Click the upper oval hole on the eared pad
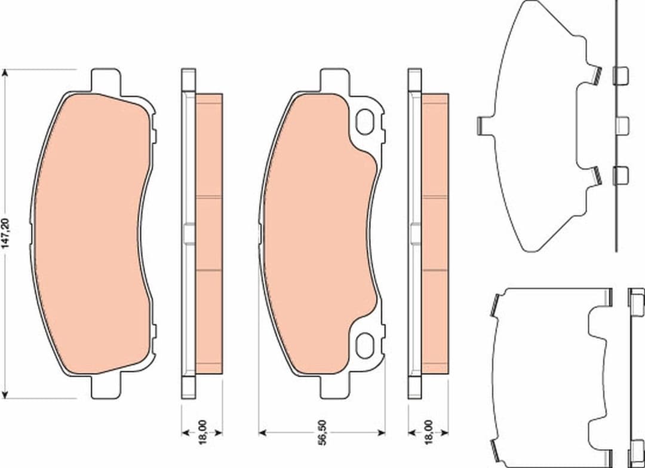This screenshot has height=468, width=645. (x=364, y=122)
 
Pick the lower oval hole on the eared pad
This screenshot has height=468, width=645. (x=364, y=345)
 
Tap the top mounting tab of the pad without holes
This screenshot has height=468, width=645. (x=105, y=79)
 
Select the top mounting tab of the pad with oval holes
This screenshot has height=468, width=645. (x=334, y=79)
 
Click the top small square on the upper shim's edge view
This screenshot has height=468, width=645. (x=621, y=75)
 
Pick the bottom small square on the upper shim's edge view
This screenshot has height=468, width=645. (x=621, y=175)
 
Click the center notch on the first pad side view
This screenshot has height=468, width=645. (x=188, y=234)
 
